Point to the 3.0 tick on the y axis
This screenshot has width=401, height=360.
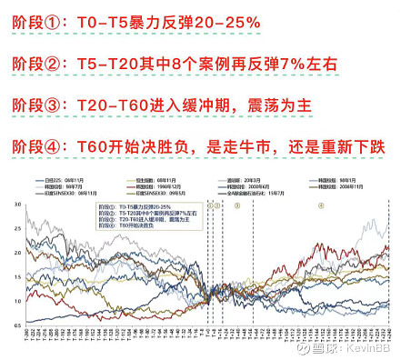pos(21,206)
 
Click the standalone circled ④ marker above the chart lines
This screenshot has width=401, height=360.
pos(321,206)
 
